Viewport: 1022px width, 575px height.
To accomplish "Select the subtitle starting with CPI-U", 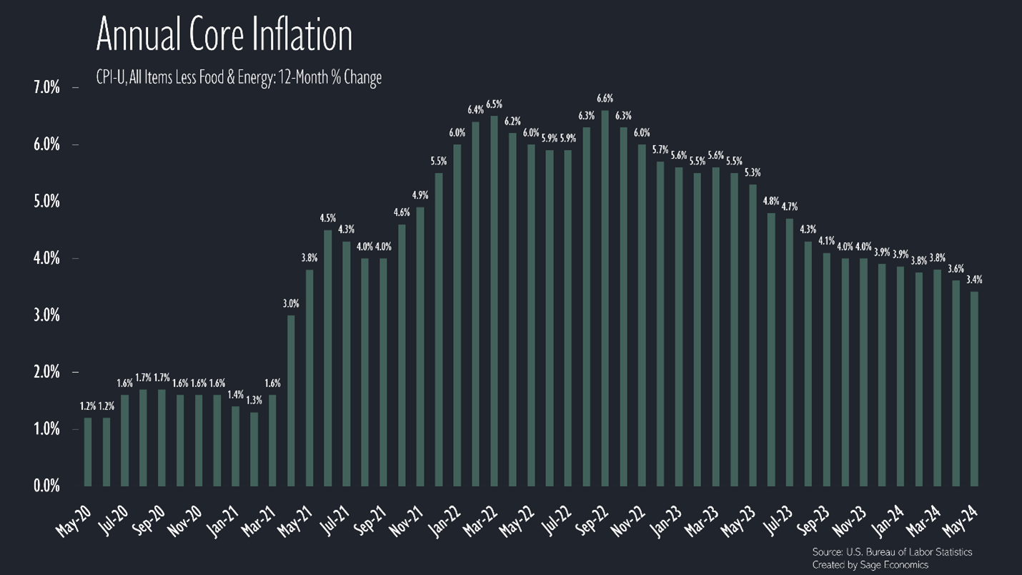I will click(x=239, y=77).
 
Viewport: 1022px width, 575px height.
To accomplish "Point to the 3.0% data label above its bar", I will click(x=292, y=304).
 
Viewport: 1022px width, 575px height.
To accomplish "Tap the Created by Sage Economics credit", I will click(x=870, y=565).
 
